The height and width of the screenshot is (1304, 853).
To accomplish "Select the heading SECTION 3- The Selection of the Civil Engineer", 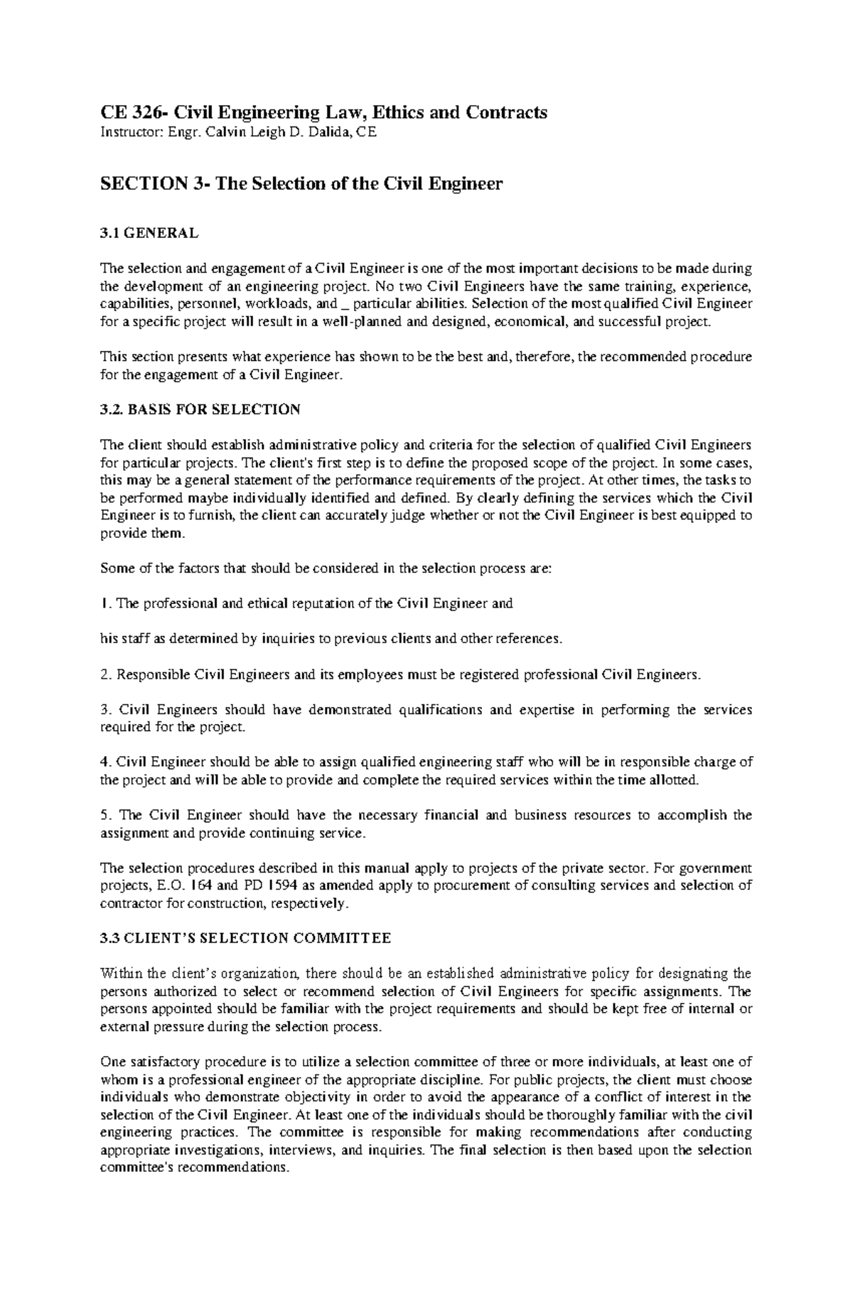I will [x=301, y=184].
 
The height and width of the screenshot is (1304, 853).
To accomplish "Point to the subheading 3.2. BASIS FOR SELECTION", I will [x=200, y=409].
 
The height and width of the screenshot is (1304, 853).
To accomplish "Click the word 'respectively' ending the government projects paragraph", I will [x=313, y=903].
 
